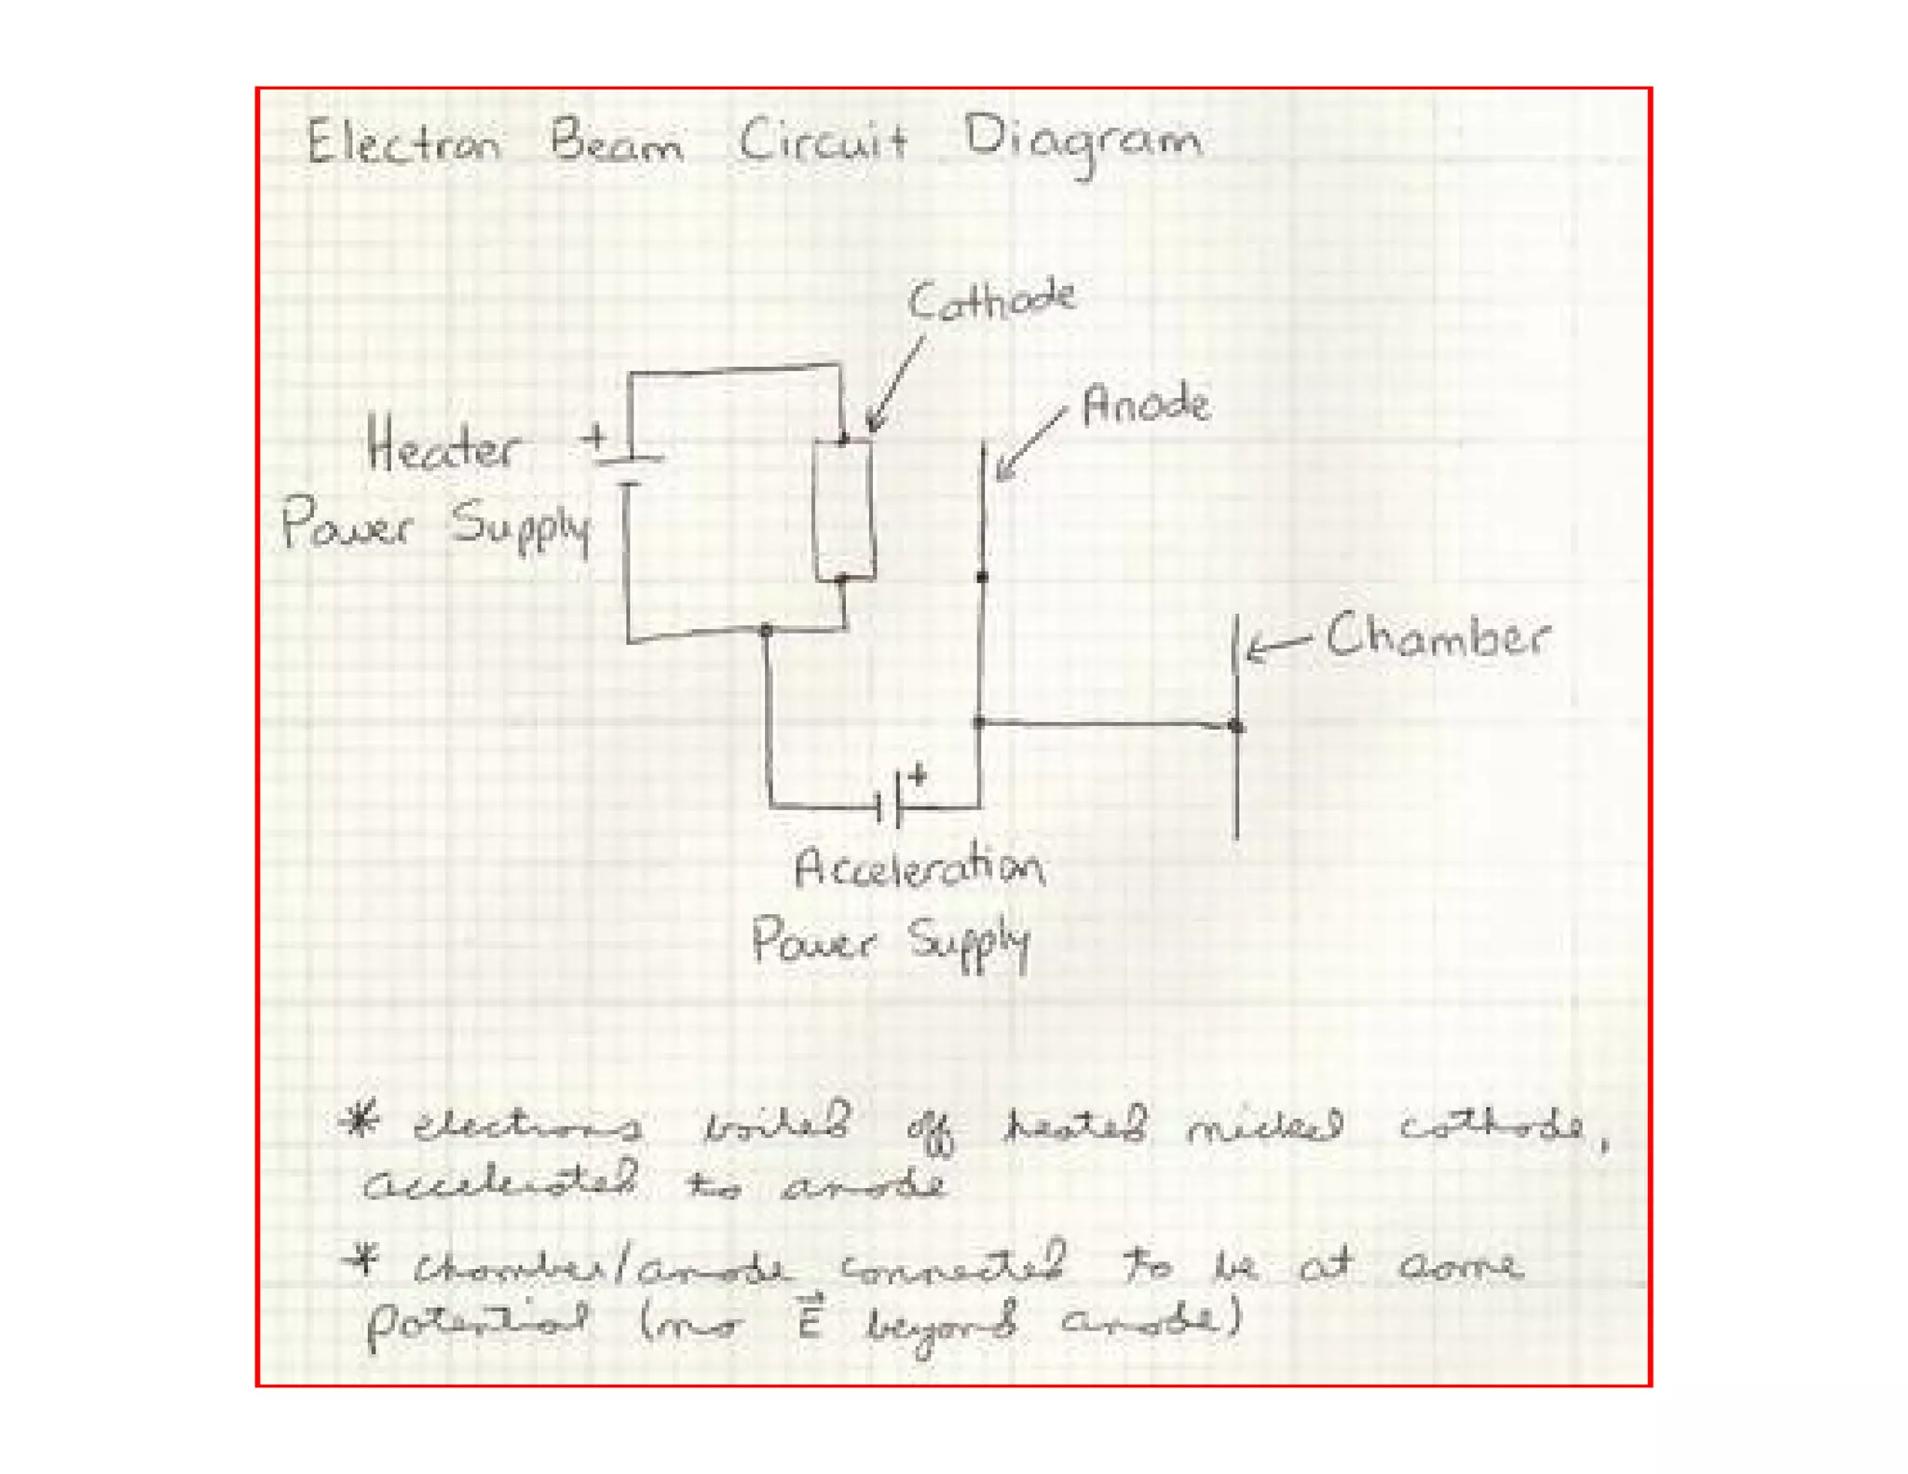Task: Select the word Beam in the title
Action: coord(616,144)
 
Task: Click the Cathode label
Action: coord(991,300)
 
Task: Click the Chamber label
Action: coord(1437,638)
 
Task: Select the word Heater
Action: coord(442,446)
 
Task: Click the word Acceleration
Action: coord(919,868)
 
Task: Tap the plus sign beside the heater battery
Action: coord(593,436)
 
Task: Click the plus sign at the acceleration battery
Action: coord(919,774)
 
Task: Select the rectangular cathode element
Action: coord(844,510)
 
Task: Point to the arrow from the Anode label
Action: coord(1029,444)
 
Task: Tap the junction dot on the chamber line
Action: coord(1236,726)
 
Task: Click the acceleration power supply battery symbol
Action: coord(889,799)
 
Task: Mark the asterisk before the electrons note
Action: coord(360,1122)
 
